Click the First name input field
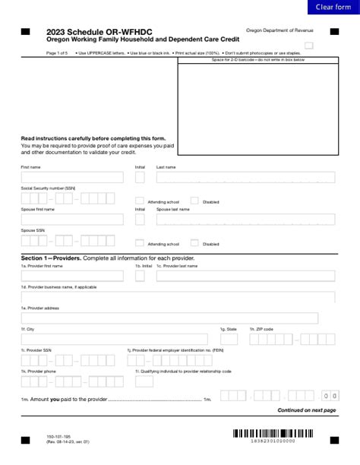(71, 177)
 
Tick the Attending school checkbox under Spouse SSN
(140, 243)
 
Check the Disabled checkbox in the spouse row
(194, 243)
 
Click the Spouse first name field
(71, 220)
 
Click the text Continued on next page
(306, 410)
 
